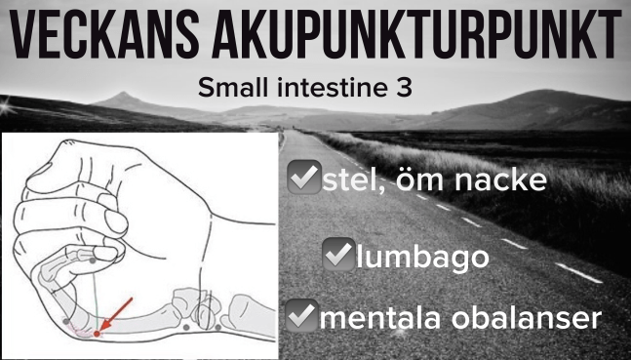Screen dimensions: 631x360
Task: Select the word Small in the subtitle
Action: [x=230, y=88]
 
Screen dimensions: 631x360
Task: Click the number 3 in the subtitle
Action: [x=404, y=88]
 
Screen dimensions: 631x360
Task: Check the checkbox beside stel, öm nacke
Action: [x=304, y=178]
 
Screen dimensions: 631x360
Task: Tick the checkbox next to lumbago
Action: [x=338, y=254]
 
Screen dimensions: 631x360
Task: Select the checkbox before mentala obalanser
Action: [x=301, y=315]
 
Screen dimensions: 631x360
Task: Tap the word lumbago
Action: [x=422, y=258]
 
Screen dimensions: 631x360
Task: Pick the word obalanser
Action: [x=527, y=318]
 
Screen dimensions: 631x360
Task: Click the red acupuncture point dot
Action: [x=97, y=334]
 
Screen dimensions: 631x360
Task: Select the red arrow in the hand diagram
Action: [x=116, y=314]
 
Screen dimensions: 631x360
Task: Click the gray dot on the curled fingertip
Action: [x=93, y=260]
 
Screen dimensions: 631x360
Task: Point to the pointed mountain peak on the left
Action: [x=123, y=94]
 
